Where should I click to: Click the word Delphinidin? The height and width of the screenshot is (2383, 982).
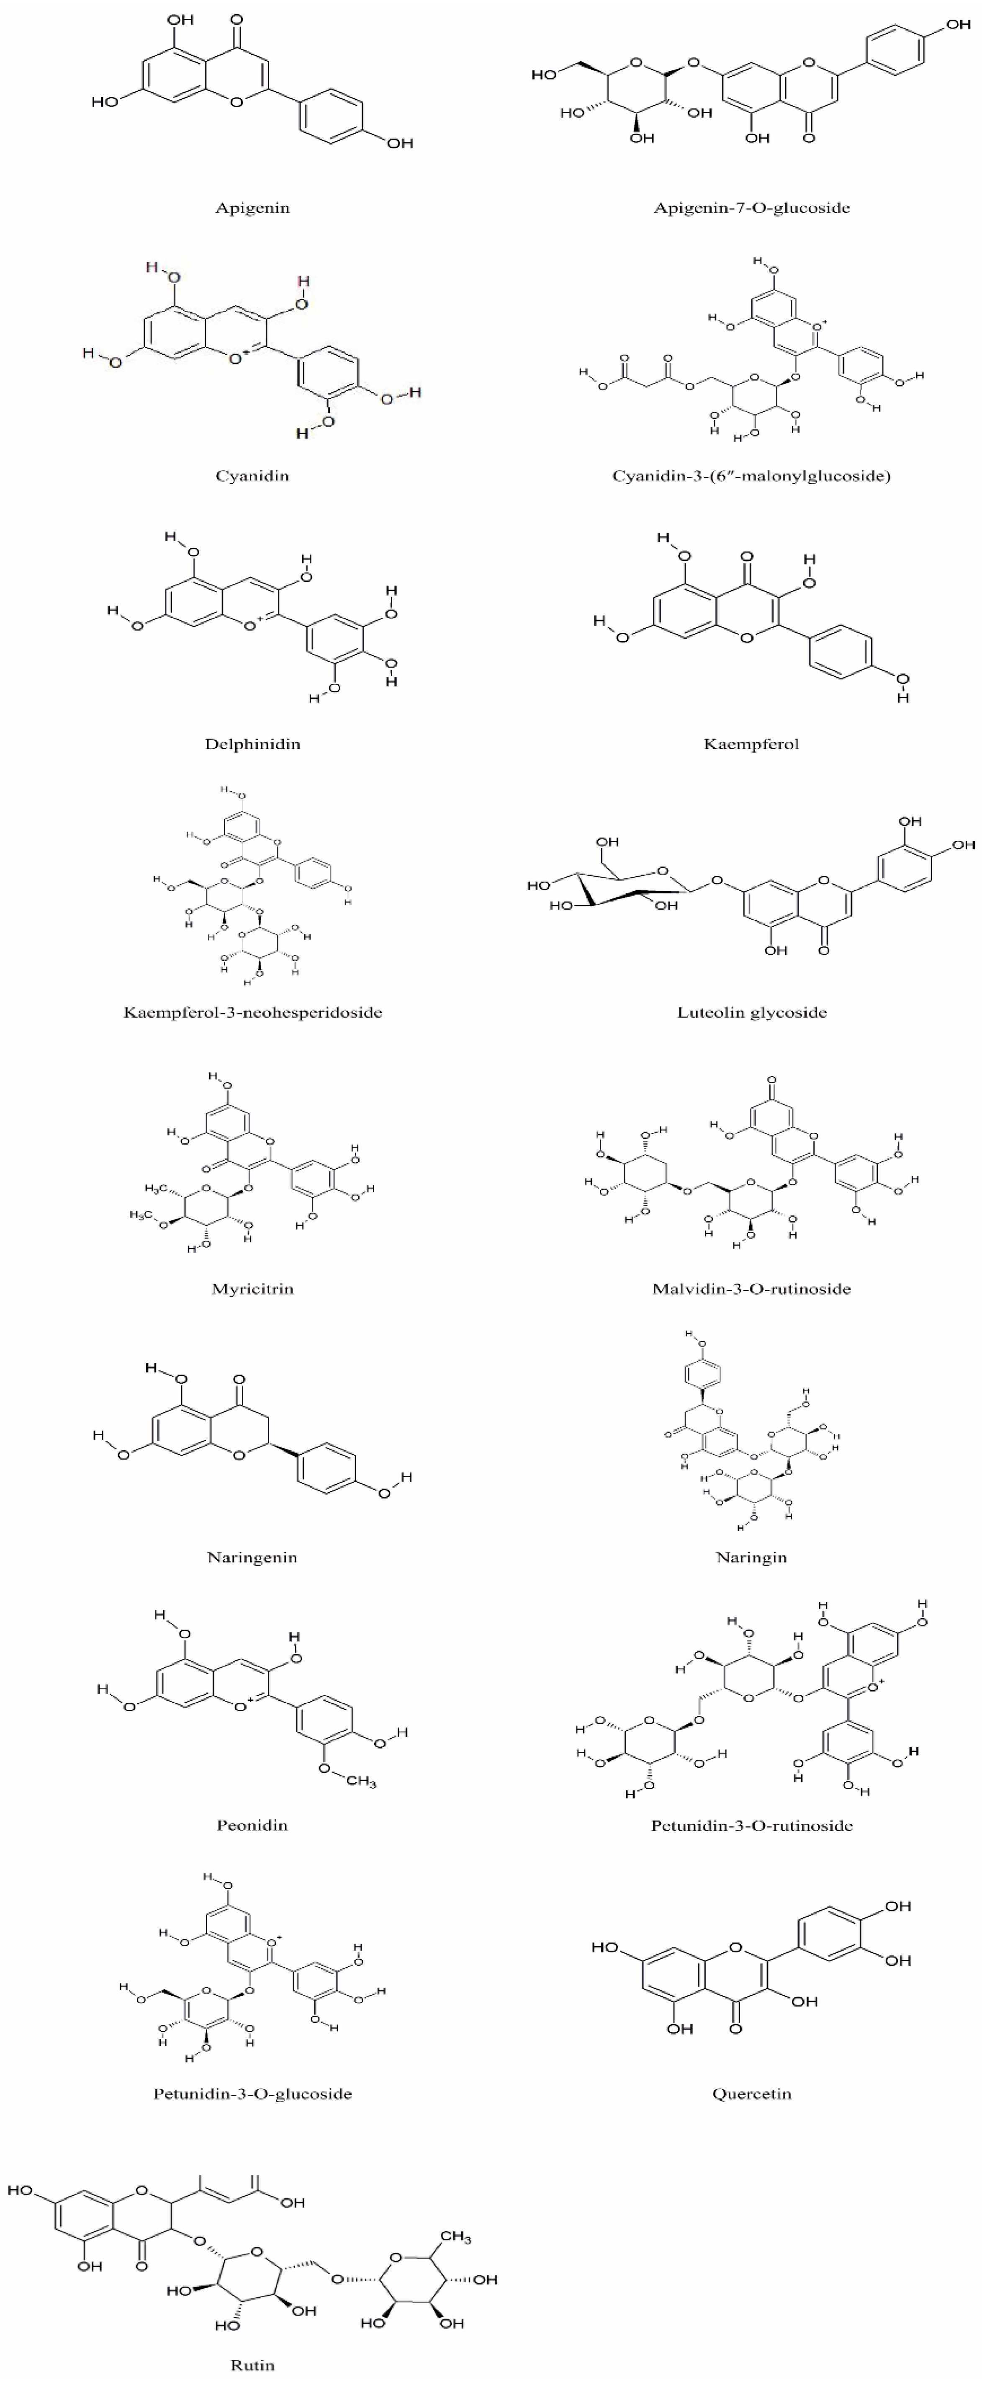tap(252, 744)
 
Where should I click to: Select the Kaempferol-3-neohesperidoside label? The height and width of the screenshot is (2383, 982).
tap(252, 1012)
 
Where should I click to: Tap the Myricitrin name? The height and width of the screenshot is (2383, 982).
tap(252, 1289)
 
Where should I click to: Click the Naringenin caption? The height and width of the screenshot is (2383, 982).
tap(252, 1557)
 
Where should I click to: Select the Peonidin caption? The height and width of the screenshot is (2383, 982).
tap(252, 1825)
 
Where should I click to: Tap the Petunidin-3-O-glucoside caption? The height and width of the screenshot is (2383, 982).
tap(252, 2094)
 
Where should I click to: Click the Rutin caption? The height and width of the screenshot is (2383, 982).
tap(252, 2365)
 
